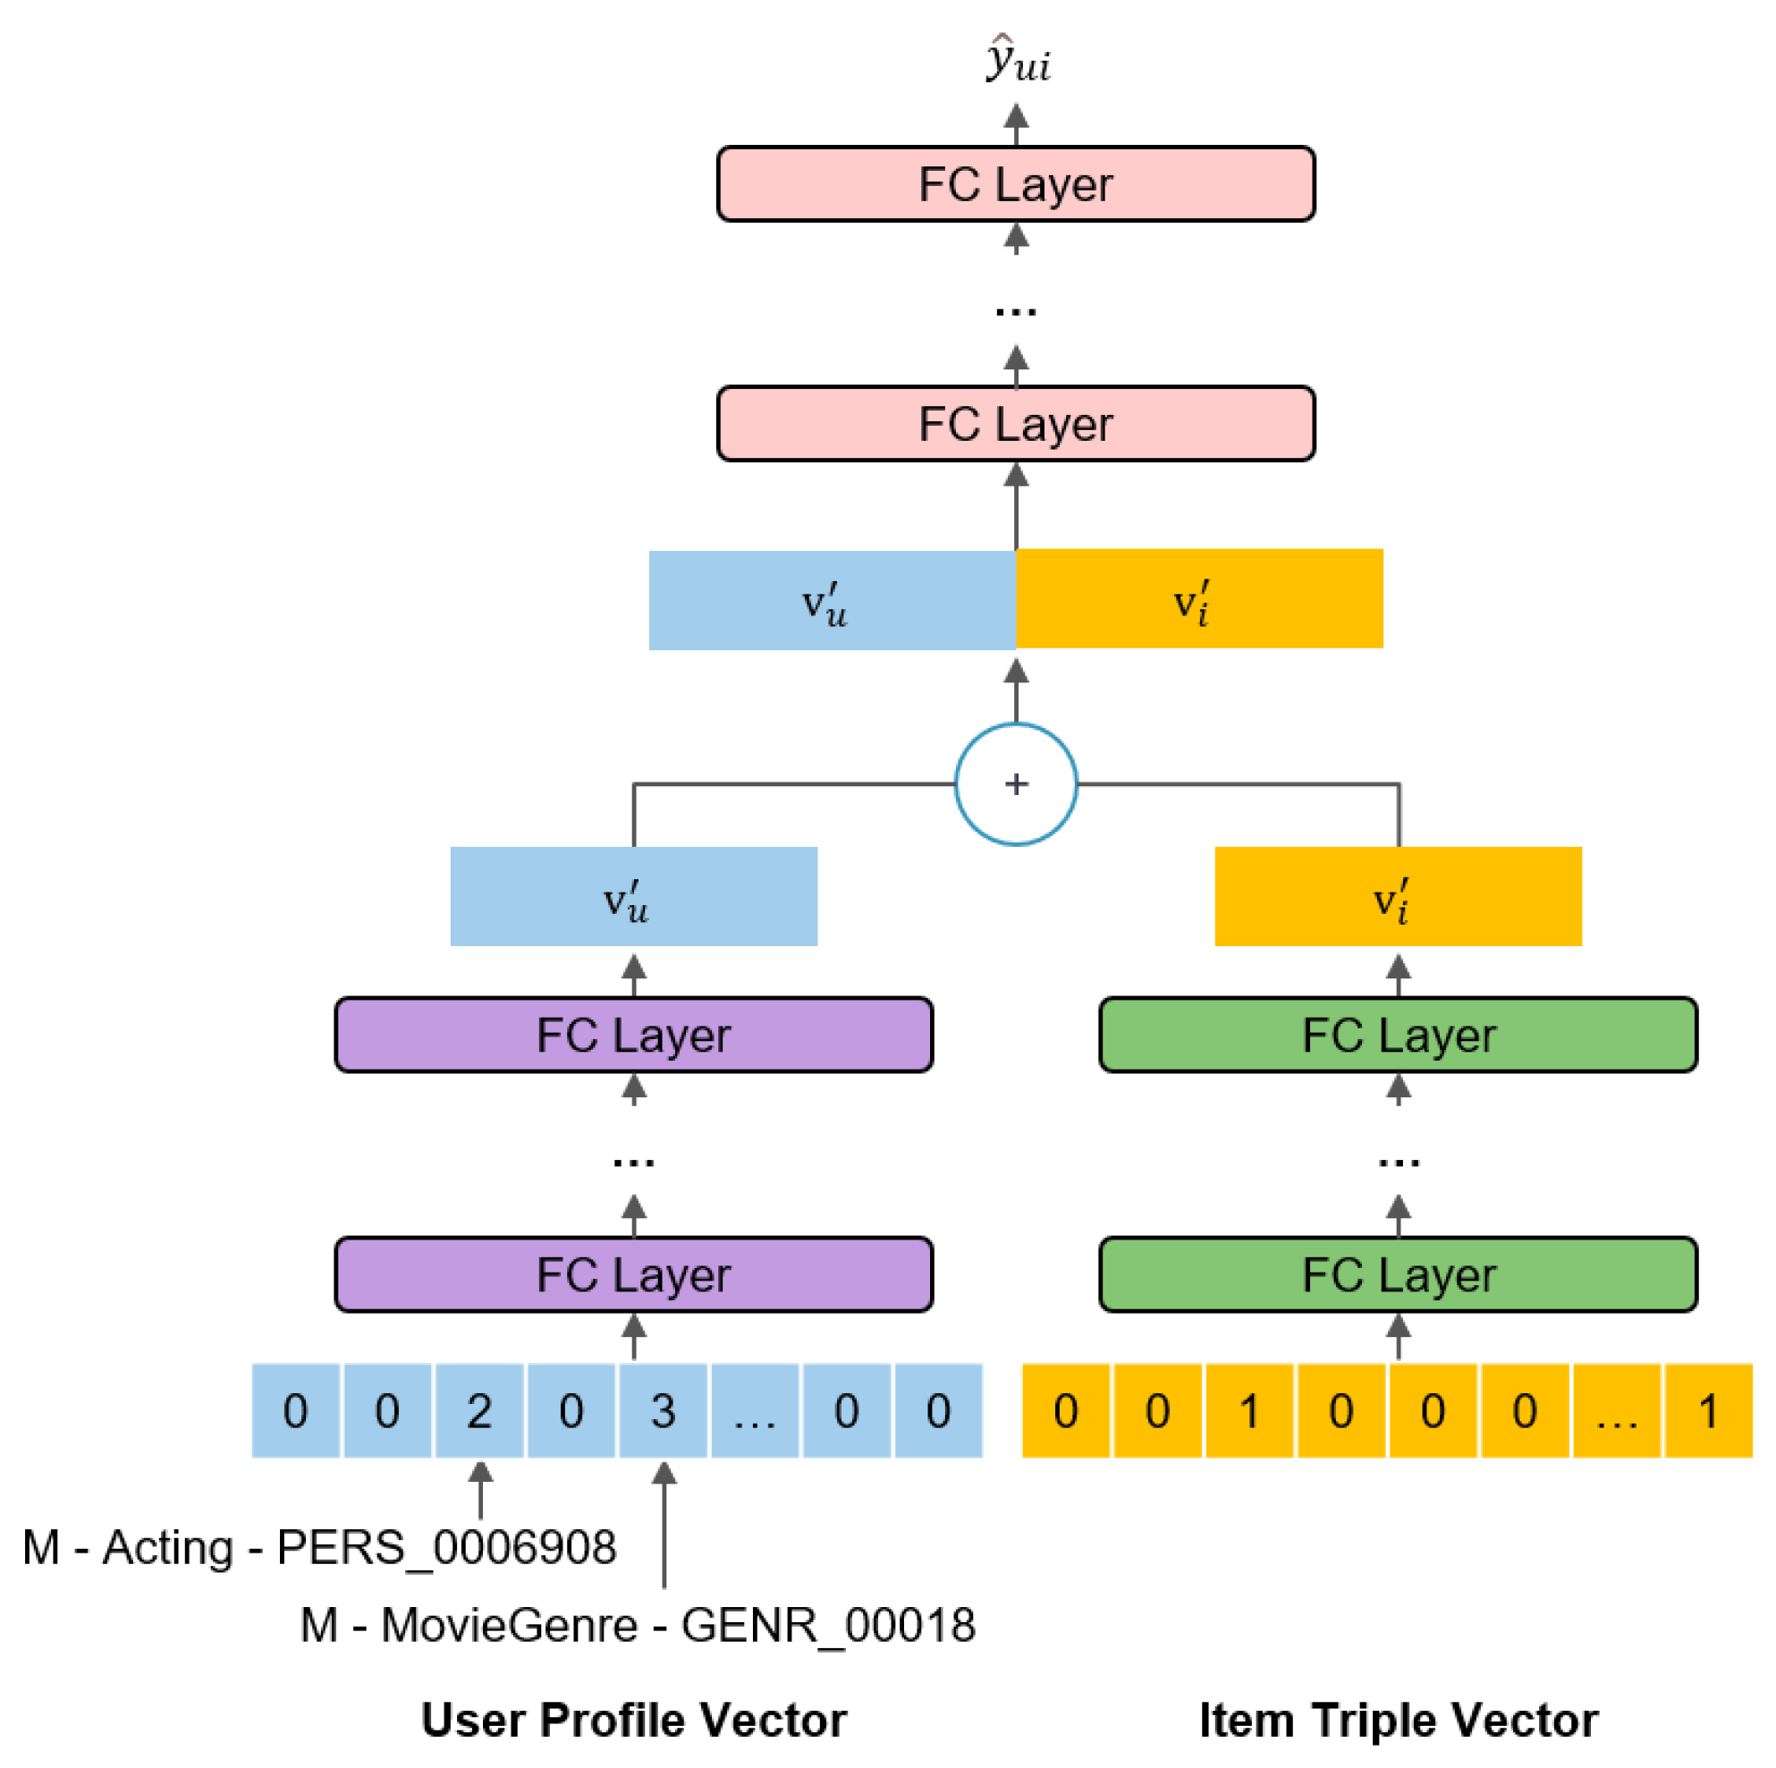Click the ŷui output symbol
[1018, 60]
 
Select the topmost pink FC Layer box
[1015, 184]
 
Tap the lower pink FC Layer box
[1015, 424]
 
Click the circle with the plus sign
[1016, 784]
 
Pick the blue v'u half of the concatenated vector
[832, 600]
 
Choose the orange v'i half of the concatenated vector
[1198, 599]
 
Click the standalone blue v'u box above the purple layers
[633, 896]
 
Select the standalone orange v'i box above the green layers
[1397, 896]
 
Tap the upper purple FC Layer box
[633, 1035]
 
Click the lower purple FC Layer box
[633, 1274]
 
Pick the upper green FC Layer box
[1397, 1035]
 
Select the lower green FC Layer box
[1397, 1274]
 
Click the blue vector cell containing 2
[479, 1410]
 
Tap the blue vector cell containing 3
[663, 1410]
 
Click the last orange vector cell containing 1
[1707, 1410]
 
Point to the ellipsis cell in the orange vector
[1616, 1410]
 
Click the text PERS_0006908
[446, 1547]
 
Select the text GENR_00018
[827, 1625]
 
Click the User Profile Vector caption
[633, 1720]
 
